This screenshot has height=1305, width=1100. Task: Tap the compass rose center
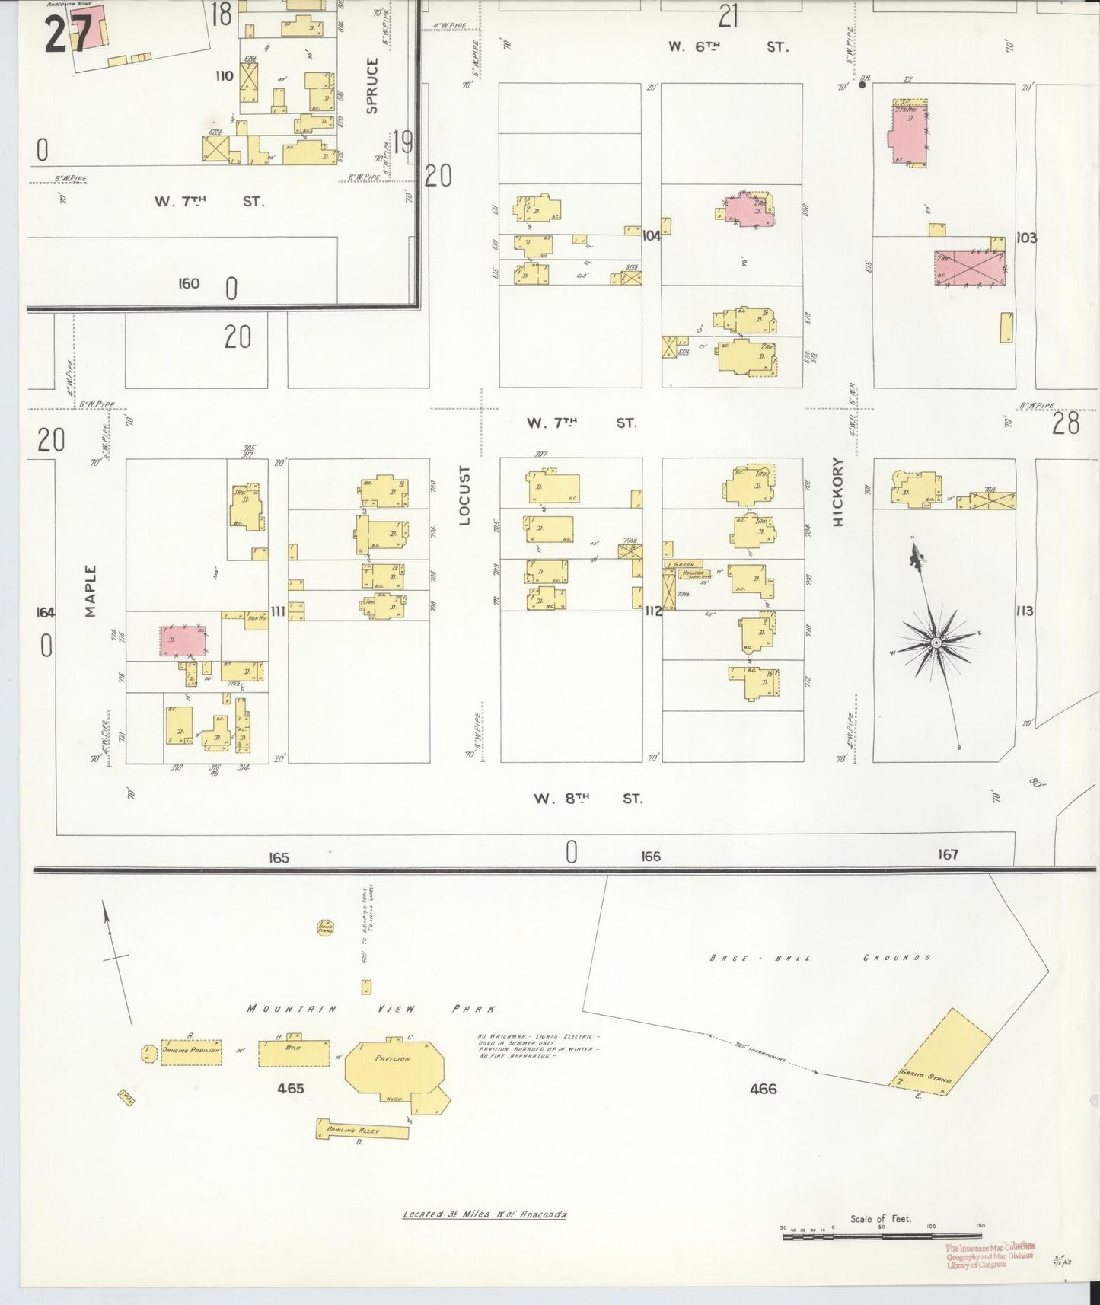[936, 644]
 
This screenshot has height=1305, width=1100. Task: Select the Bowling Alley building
[362, 1130]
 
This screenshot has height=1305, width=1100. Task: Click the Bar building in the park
[292, 1053]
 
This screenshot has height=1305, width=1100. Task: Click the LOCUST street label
[465, 495]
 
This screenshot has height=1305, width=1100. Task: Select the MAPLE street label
[91, 591]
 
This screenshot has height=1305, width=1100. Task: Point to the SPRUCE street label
[372, 86]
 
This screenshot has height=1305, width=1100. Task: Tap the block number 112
[652, 611]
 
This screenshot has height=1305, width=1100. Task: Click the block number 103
[1026, 238]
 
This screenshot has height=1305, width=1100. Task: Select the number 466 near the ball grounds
[763, 1089]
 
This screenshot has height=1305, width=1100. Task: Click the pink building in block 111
[183, 641]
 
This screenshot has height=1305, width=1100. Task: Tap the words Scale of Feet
[881, 1218]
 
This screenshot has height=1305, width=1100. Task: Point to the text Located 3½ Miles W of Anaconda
[483, 1214]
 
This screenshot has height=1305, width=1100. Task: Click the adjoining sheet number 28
[1065, 424]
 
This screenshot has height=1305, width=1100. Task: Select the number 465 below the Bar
[291, 1088]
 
